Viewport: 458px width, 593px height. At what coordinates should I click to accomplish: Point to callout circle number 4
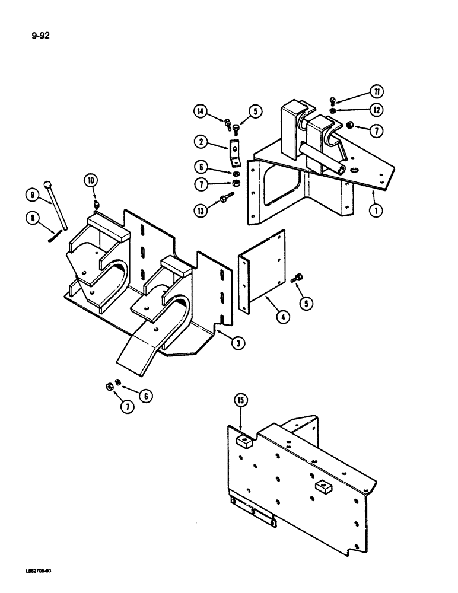[283, 317]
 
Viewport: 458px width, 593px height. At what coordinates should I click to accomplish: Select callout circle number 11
[376, 91]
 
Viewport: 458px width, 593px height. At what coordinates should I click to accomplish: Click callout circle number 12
[376, 110]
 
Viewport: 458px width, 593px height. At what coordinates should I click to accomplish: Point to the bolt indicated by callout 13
[225, 199]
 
